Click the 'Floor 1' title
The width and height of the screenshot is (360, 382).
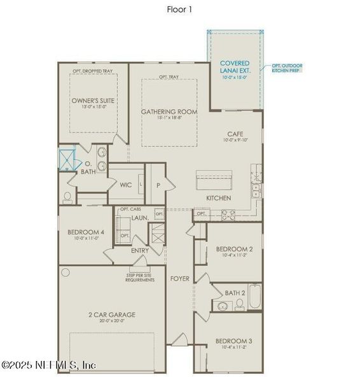point(179,10)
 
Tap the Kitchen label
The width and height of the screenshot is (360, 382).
point(218,198)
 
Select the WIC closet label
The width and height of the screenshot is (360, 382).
point(126,185)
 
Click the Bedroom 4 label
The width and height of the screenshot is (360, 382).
point(86,232)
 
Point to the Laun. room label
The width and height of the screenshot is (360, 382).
point(140,218)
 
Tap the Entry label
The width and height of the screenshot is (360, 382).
point(140,250)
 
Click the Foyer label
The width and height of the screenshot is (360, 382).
point(179,279)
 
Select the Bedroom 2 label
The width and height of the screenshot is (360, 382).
point(234,249)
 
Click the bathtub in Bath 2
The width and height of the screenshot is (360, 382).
point(254,297)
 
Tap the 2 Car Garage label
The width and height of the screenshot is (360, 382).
point(111,315)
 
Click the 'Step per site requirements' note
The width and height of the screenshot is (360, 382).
point(140,277)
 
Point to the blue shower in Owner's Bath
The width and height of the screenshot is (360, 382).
point(66,157)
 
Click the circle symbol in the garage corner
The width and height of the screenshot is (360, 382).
point(66,272)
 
